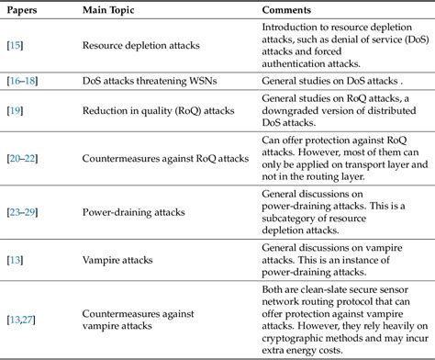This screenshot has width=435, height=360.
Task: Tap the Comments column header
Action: click(284, 9)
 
